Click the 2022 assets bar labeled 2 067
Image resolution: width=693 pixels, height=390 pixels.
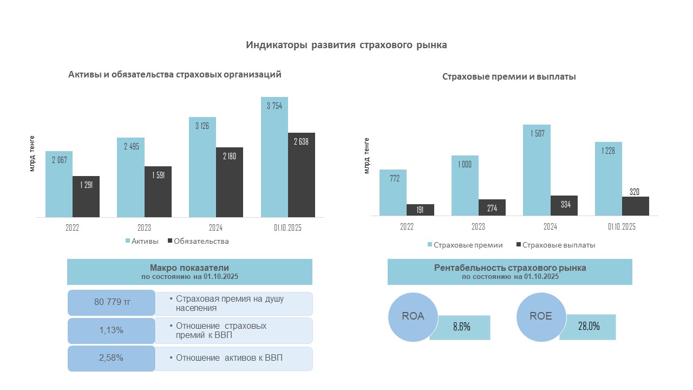tap(59, 184)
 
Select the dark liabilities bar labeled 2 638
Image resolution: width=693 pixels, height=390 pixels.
tap(302, 175)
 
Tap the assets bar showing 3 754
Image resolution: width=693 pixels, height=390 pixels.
tap(274, 157)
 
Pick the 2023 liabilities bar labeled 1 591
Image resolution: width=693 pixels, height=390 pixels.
tap(158, 192)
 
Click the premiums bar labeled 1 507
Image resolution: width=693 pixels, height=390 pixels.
tap(537, 170)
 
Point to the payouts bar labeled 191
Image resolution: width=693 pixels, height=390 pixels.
tap(420, 210)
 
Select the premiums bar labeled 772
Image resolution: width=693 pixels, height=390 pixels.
tap(393, 193)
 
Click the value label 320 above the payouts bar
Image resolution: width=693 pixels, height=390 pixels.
tap(635, 192)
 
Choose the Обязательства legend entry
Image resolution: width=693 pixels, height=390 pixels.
tap(198, 241)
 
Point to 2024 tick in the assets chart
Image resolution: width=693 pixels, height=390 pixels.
tap(216, 228)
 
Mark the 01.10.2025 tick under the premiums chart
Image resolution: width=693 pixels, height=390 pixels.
tap(622, 227)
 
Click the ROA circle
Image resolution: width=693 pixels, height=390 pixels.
tap(413, 316)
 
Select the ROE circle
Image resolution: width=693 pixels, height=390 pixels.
tap(541, 316)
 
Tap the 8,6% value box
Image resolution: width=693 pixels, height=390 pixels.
tap(461, 327)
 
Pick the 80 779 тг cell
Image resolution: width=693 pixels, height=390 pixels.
tap(112, 302)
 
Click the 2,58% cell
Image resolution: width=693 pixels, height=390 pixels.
tap(112, 358)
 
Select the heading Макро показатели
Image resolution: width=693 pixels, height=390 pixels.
tap(189, 268)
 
